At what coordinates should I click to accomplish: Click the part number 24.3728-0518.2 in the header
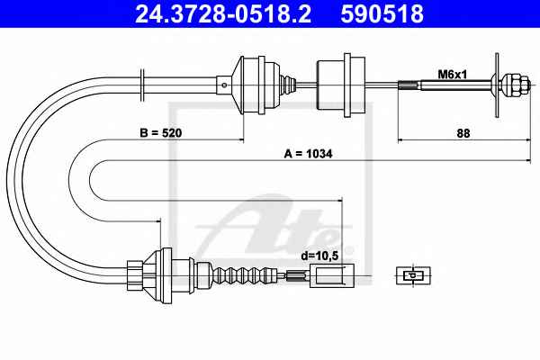223,13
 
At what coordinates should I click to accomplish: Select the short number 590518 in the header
382,13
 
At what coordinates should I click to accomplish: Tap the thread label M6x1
452,74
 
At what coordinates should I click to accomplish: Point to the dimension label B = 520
160,132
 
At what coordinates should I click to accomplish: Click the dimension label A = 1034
308,154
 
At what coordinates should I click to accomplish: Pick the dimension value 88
463,133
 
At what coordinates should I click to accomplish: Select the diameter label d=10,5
319,256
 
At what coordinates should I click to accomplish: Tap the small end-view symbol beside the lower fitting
413,275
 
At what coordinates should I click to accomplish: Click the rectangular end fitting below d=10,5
332,275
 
